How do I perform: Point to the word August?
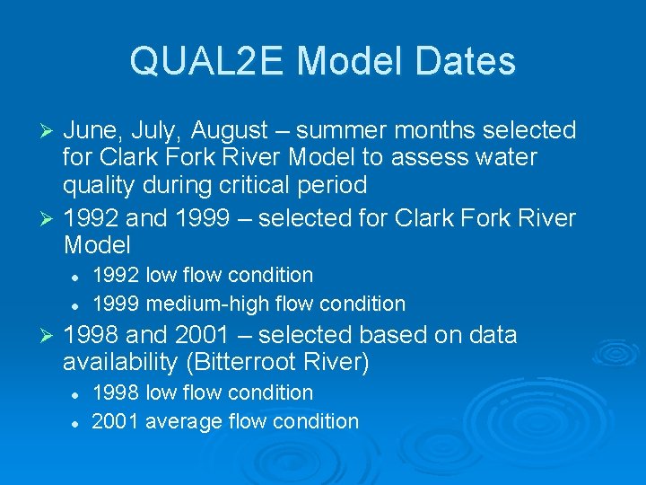click(x=229, y=131)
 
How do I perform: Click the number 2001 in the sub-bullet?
click(x=116, y=421)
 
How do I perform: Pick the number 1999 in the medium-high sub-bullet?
click(x=116, y=304)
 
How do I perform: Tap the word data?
click(x=489, y=335)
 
